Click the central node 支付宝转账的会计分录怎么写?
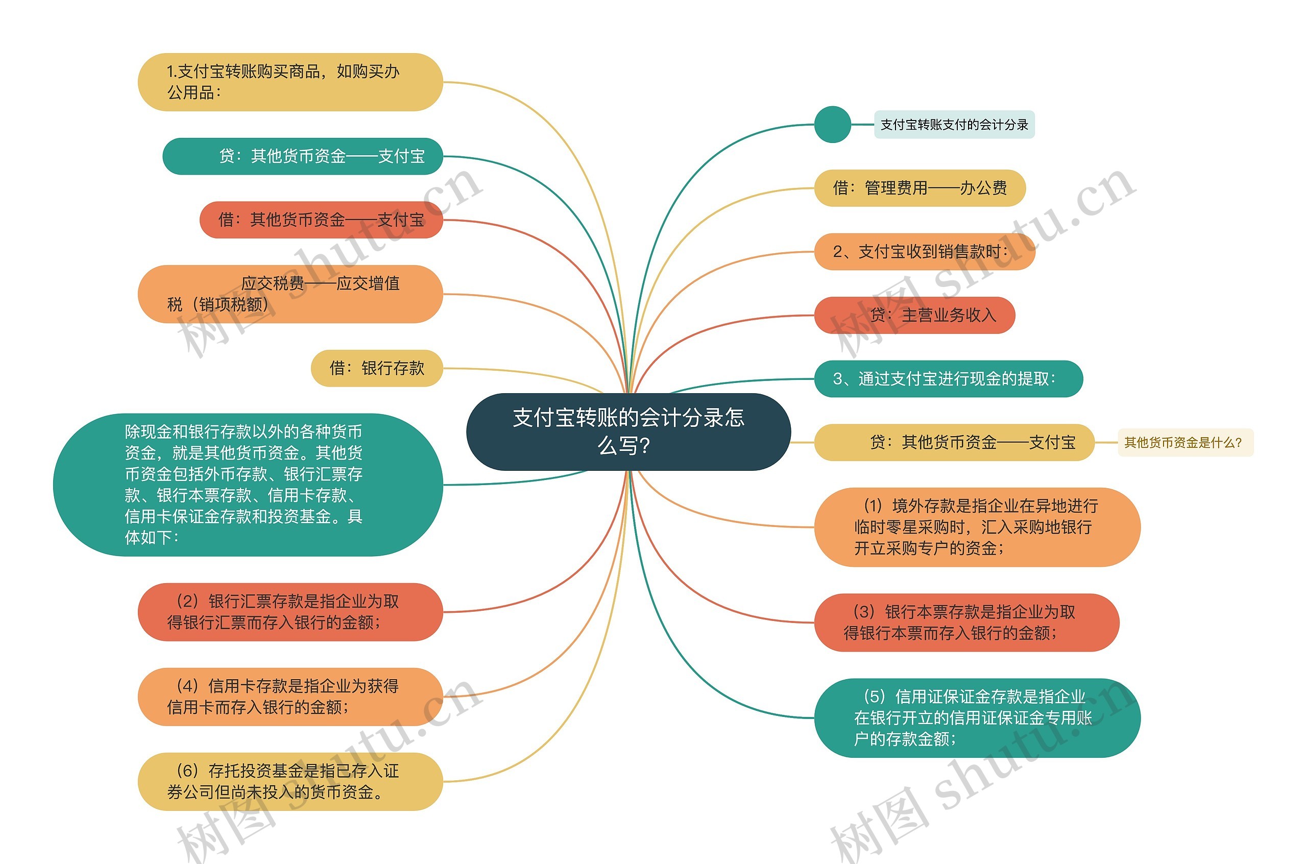(x=628, y=431)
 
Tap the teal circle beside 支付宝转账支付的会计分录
(x=832, y=125)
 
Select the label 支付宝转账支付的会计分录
(x=954, y=125)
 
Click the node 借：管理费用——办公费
(x=919, y=188)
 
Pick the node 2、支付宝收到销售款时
(x=924, y=252)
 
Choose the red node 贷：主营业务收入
(x=914, y=315)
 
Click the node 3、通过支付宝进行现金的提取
(x=948, y=379)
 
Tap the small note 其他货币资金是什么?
(x=1185, y=443)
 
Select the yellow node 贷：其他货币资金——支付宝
(x=953, y=443)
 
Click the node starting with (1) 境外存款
(x=977, y=527)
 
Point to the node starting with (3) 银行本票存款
(x=966, y=622)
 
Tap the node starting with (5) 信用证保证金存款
(x=977, y=718)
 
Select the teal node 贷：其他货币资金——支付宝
(x=302, y=156)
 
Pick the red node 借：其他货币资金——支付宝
(x=321, y=220)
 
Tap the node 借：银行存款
(x=377, y=368)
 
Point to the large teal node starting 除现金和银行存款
(x=248, y=485)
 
